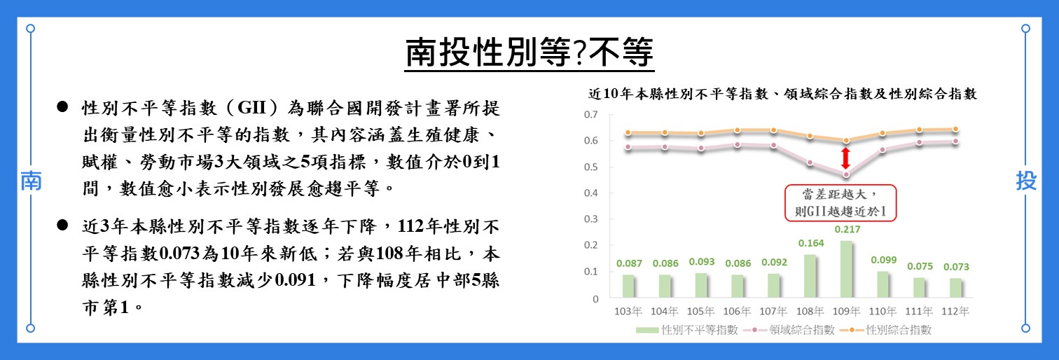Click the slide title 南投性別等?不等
[x=529, y=52]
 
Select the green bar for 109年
[x=846, y=270]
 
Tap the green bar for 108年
[x=810, y=277]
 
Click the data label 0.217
[x=846, y=230]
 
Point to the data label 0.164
[x=810, y=244]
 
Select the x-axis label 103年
[x=628, y=312]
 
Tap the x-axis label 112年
[x=955, y=312]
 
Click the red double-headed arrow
[x=845, y=157]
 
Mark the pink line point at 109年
[x=845, y=174]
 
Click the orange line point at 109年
[x=845, y=141]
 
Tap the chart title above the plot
[x=782, y=93]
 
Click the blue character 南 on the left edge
[x=31, y=181]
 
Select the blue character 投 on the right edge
[x=1026, y=181]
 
